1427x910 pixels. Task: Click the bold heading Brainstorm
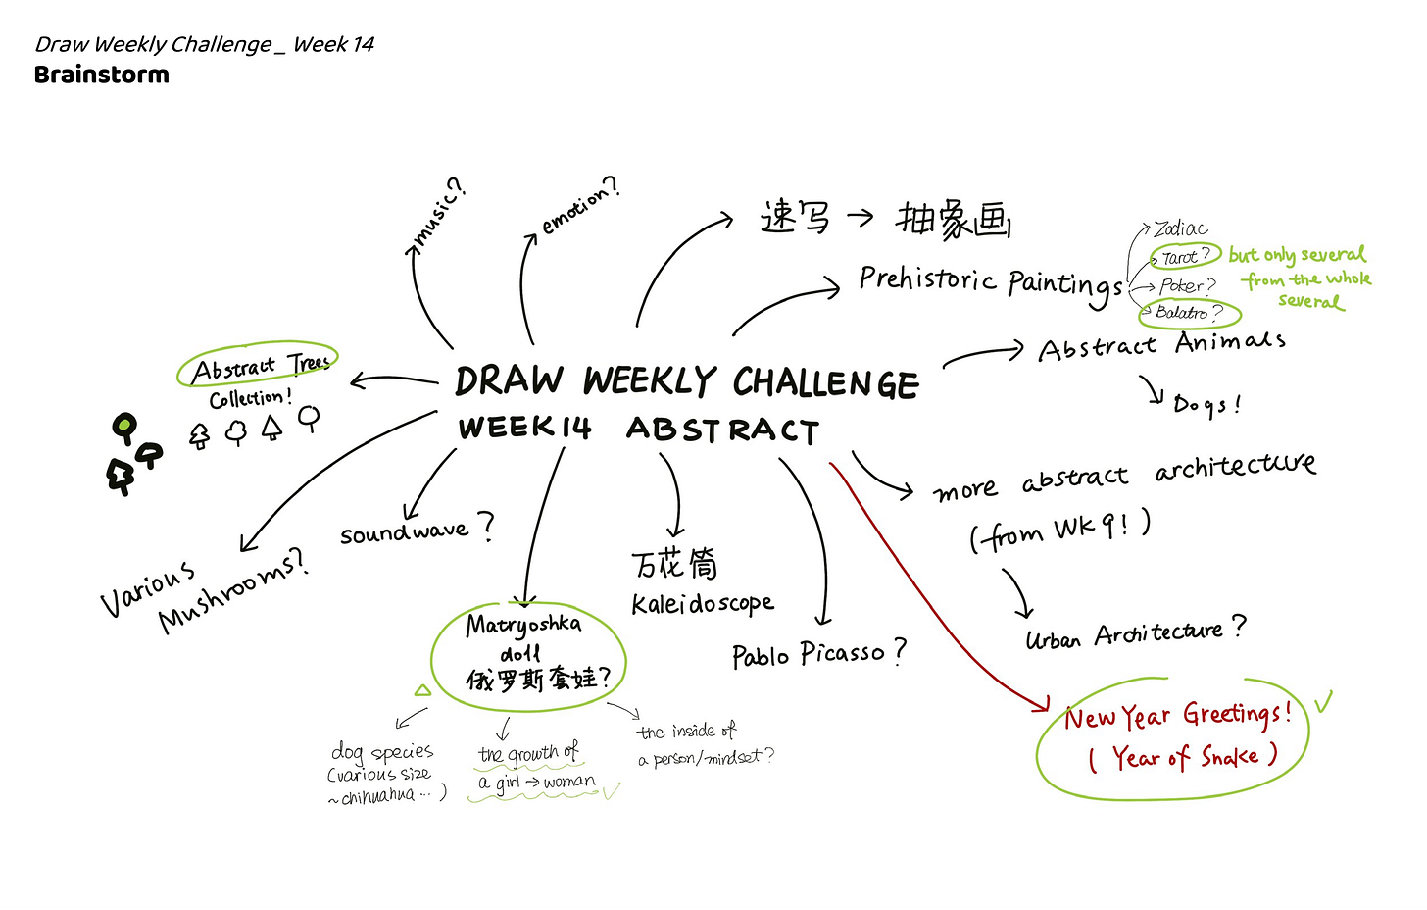point(101,75)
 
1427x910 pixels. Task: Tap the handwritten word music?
point(438,213)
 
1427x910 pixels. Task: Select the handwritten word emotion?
point(580,205)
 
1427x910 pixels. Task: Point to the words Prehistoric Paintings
point(990,282)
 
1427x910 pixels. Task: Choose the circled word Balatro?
point(1189,313)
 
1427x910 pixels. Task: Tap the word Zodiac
point(1180,229)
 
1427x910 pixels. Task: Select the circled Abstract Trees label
point(259,367)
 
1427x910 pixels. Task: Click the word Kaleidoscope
point(703,603)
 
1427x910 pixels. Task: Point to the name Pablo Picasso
point(817,654)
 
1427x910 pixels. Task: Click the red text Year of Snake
point(1184,756)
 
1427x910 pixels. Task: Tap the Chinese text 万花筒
point(674,564)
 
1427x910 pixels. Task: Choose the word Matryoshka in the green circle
point(523,624)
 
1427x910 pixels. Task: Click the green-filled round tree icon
point(124,426)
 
